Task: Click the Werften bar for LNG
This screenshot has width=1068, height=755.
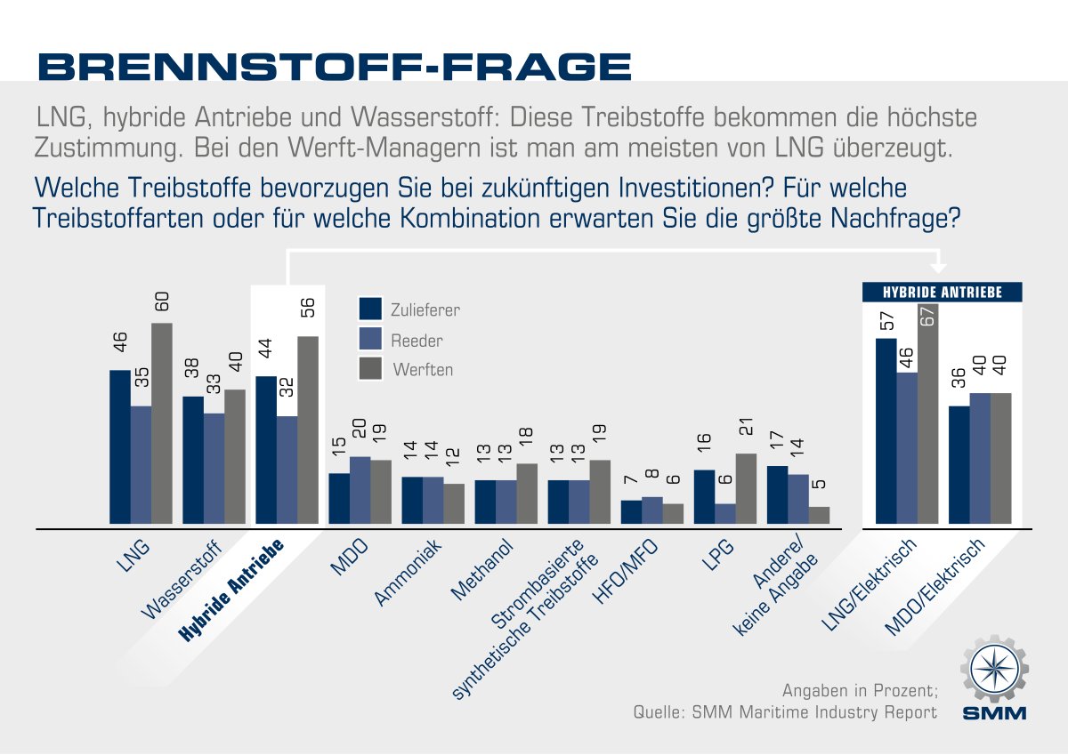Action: [161, 423]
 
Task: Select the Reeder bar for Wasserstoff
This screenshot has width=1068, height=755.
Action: [214, 469]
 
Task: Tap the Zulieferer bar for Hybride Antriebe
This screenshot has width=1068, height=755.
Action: [265, 450]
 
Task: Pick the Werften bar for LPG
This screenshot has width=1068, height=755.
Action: [746, 488]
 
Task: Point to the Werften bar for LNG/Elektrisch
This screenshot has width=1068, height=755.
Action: [928, 414]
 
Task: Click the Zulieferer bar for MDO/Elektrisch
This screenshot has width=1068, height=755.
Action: [959, 465]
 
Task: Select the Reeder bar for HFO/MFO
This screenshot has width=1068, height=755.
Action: [652, 510]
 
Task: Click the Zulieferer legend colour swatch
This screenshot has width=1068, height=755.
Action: [370, 309]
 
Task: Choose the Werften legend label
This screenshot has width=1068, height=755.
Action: [423, 369]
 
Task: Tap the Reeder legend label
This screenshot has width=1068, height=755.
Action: [417, 340]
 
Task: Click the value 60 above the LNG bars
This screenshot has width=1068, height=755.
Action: [162, 302]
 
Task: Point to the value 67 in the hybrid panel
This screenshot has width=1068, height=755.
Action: [928, 317]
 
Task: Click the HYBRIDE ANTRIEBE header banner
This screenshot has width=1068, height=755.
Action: [943, 292]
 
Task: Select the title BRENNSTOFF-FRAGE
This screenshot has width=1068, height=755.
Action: [334, 67]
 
